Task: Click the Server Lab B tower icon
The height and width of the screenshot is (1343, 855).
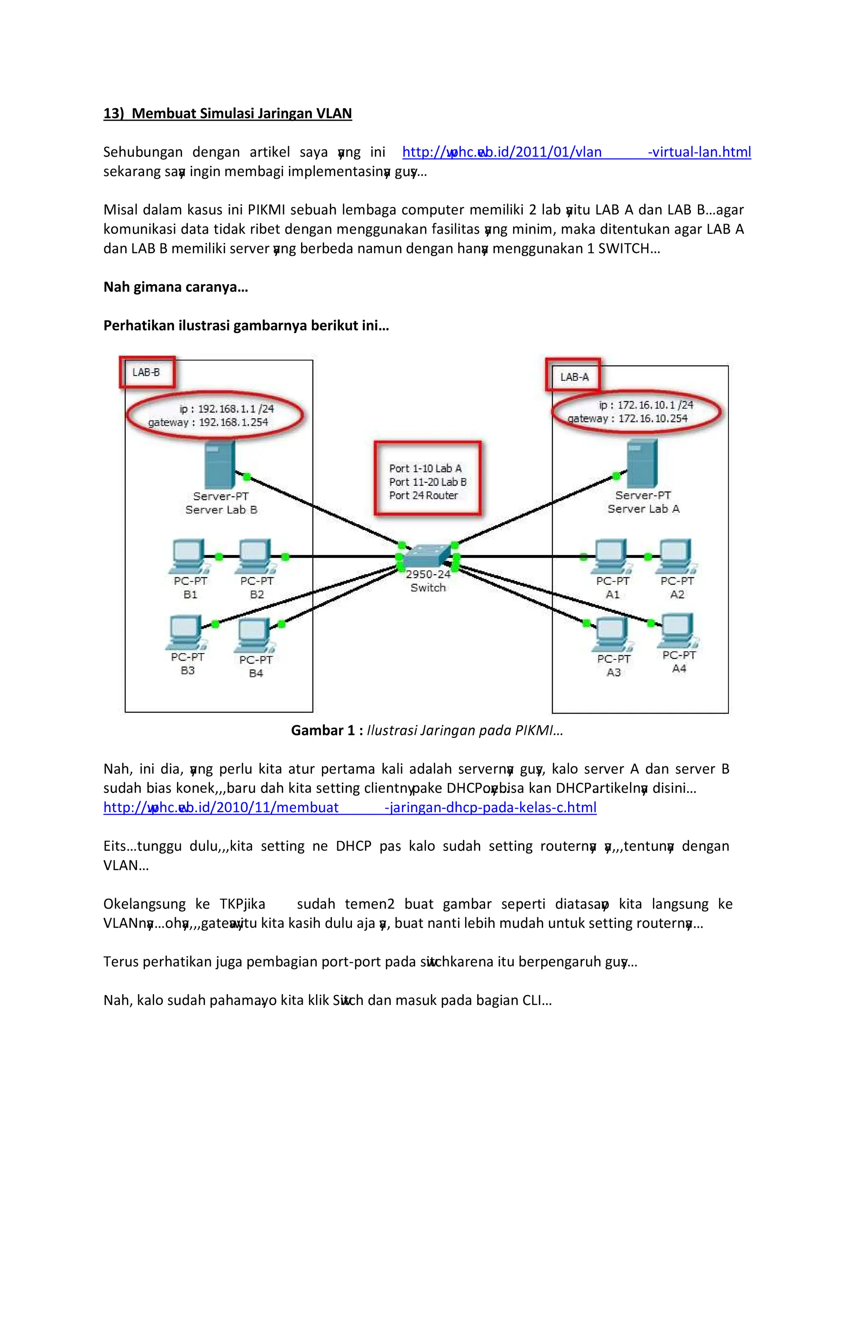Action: coord(220,464)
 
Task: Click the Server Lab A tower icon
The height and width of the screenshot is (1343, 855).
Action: coord(643,464)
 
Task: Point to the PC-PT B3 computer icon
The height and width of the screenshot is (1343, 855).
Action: coord(185,632)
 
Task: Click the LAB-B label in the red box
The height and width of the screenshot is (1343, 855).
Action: coord(146,372)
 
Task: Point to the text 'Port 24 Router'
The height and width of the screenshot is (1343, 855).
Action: coord(423,495)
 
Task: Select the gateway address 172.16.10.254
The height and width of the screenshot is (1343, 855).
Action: coord(653,418)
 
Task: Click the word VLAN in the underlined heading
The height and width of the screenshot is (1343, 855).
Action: coord(334,114)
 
